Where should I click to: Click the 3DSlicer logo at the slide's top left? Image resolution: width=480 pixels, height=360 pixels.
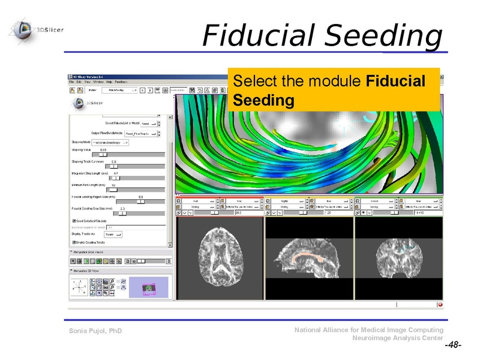pyautogui.click(x=37, y=29)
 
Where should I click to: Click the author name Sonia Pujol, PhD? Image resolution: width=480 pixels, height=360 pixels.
pyautogui.click(x=95, y=331)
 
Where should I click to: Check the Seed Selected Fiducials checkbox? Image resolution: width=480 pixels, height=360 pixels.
pyautogui.click(x=73, y=221)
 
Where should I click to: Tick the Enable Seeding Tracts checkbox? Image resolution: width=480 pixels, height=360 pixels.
pyautogui.click(x=73, y=242)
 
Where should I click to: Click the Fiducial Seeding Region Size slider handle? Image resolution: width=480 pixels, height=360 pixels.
pyautogui.click(x=142, y=201)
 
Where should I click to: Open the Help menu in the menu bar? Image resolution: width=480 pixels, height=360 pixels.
pyautogui.click(x=109, y=81)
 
